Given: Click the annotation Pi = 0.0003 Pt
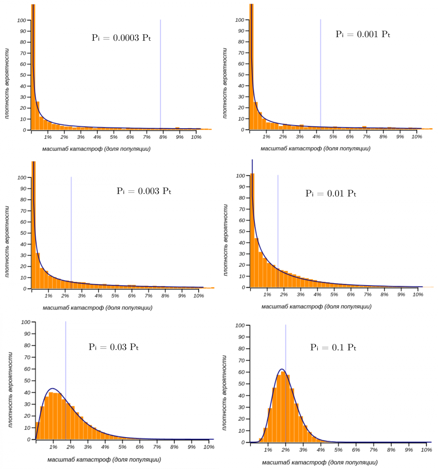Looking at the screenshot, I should click(x=121, y=38).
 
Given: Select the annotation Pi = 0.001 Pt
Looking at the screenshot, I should click(x=363, y=34).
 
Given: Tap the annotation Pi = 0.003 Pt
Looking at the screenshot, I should click(x=144, y=191).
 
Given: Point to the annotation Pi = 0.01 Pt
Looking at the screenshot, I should click(x=331, y=193).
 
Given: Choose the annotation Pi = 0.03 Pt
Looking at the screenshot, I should click(x=113, y=347).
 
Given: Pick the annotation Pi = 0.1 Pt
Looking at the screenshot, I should click(x=333, y=347).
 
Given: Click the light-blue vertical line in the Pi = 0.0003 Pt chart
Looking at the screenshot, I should click(x=160, y=73).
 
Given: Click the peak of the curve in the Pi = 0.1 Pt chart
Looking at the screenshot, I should click(x=282, y=369).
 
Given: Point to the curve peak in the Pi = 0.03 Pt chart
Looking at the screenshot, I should click(x=53, y=388).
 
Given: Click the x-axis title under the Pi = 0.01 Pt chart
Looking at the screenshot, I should click(x=316, y=306).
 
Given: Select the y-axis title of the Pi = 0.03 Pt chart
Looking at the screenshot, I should click(x=10, y=390).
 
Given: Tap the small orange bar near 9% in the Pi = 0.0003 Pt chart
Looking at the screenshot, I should click(x=177, y=128).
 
